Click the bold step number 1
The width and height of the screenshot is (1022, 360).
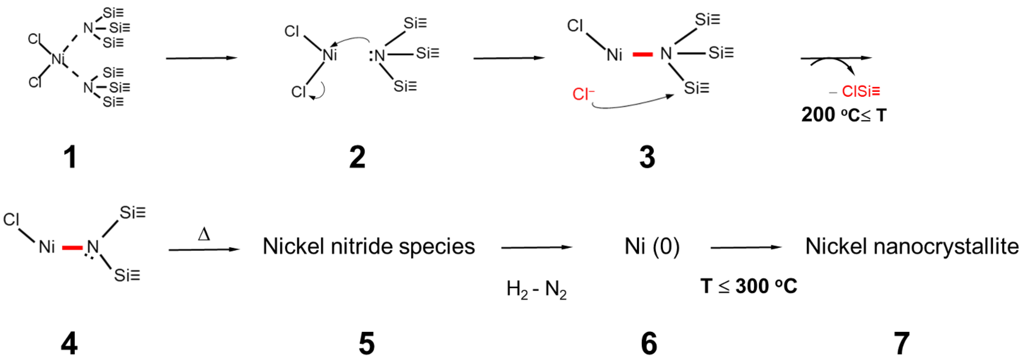[x=70, y=158]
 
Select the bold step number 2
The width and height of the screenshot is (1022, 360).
[x=357, y=158]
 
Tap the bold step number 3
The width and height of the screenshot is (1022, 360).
[x=647, y=158]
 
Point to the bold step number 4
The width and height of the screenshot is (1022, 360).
[x=69, y=344]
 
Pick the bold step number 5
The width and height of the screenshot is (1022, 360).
[x=367, y=344]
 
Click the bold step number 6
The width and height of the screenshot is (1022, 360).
[x=649, y=344]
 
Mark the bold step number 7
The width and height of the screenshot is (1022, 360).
[x=902, y=344]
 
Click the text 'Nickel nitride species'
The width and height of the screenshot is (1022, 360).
[x=369, y=246]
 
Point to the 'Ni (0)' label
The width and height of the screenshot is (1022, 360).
[x=652, y=246]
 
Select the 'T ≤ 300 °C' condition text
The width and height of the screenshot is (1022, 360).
[x=749, y=286]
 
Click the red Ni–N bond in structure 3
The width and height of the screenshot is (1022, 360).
[x=642, y=54]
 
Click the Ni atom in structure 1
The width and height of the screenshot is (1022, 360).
[x=58, y=60]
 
